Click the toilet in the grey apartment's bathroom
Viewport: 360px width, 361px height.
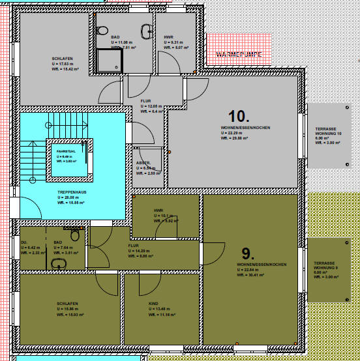[102, 31]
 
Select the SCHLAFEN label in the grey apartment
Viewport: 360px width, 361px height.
[62, 58]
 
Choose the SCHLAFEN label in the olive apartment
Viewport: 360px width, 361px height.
[67, 304]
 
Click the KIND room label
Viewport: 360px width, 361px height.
[153, 304]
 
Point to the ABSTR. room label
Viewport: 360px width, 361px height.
[143, 162]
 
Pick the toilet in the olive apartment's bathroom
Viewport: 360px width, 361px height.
[75, 235]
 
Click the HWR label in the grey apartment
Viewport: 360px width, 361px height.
[168, 38]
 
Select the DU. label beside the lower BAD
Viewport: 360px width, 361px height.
[24, 242]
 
